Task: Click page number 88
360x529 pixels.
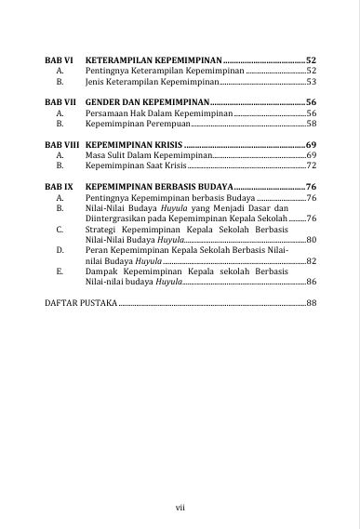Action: [x=312, y=303]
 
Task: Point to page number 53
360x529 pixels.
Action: [x=312, y=81]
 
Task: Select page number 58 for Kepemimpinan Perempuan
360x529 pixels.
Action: [x=312, y=123]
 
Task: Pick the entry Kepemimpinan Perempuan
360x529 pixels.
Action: [x=134, y=123]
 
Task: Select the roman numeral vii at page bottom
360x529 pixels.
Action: [x=180, y=506]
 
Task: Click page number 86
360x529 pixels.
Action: [x=312, y=280]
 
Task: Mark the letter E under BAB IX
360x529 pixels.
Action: [x=60, y=270]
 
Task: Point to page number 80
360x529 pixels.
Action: [x=312, y=239]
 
